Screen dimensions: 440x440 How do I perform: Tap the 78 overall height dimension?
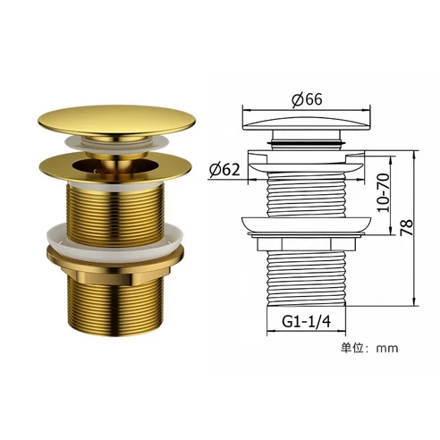point(406,229)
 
